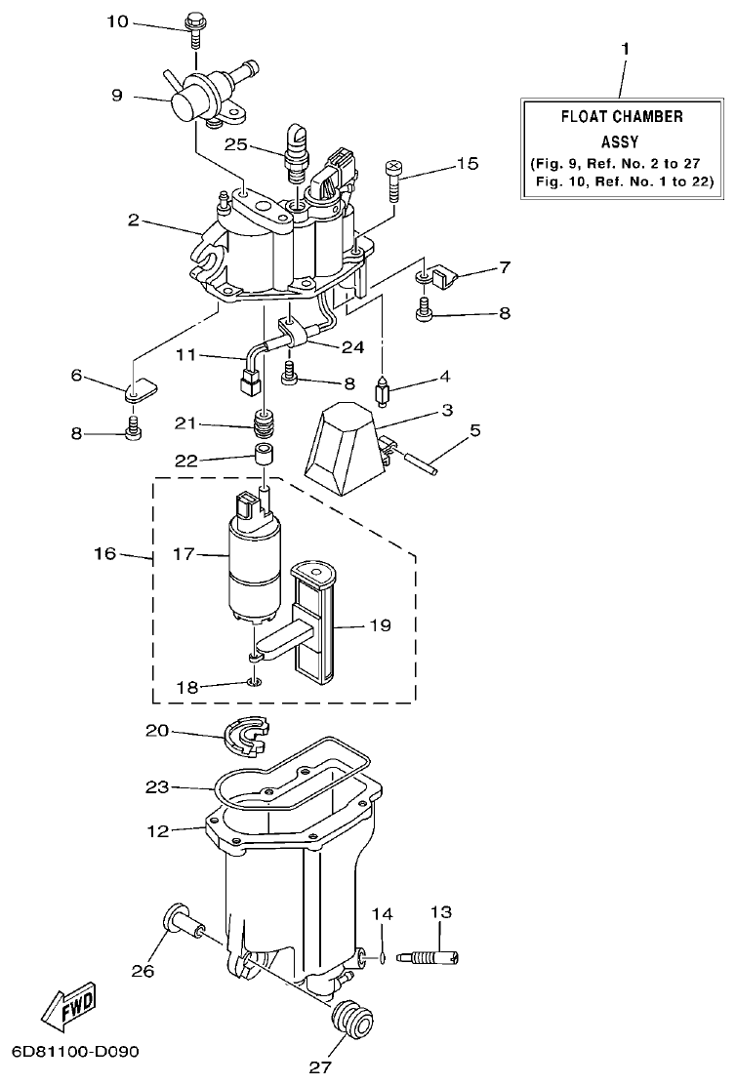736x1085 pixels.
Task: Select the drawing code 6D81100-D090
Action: [x=76, y=1052]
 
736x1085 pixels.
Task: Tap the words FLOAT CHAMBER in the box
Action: [x=621, y=116]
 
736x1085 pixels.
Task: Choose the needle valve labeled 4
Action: [x=385, y=397]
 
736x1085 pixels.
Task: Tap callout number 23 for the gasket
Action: [x=158, y=785]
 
